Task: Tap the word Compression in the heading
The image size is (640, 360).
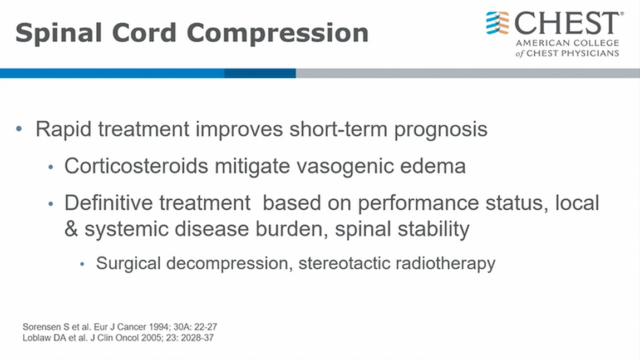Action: tap(278, 33)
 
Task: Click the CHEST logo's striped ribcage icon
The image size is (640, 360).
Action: tap(498, 23)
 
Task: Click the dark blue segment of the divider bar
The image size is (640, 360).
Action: tap(260, 73)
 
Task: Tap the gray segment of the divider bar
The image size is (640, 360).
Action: tap(467, 73)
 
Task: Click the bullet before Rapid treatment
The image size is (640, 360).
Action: tap(19, 129)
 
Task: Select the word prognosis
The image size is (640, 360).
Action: tap(440, 130)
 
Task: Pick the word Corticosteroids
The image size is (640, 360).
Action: tap(136, 166)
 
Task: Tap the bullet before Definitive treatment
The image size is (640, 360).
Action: tap(51, 203)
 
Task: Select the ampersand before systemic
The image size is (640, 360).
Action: tap(71, 229)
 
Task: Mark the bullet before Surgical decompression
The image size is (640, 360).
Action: tap(82, 264)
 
